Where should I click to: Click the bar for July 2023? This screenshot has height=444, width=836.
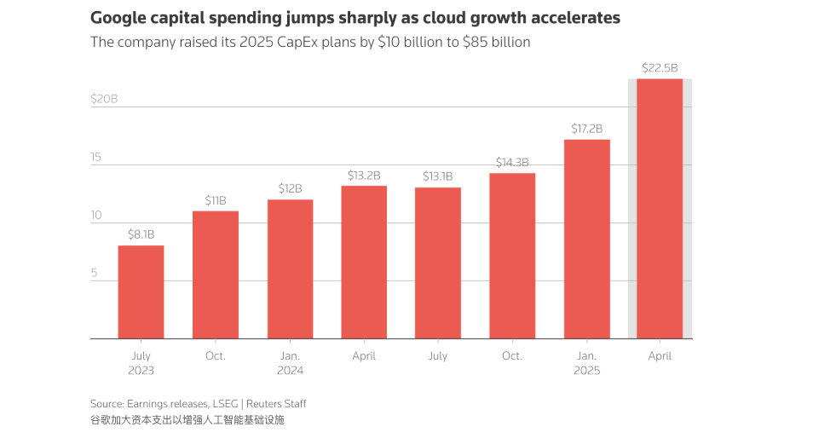click(x=141, y=291)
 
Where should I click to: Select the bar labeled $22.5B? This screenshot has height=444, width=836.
click(x=660, y=209)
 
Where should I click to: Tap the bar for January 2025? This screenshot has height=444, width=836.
click(x=586, y=239)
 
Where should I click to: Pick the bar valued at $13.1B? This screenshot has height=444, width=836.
click(x=438, y=262)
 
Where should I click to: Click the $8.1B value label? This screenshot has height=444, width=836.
click(x=141, y=234)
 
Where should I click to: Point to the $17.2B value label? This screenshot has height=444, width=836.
click(x=586, y=129)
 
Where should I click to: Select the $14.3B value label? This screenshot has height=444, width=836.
click(x=512, y=162)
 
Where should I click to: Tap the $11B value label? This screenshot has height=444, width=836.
click(x=216, y=200)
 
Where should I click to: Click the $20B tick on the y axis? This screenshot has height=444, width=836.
click(x=104, y=99)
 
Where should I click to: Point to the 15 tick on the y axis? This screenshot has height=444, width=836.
click(x=96, y=157)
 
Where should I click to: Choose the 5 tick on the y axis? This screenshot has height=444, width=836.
click(x=95, y=274)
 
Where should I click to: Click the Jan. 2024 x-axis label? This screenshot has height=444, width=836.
click(x=290, y=363)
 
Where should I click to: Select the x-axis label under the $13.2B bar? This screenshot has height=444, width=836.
click(x=364, y=356)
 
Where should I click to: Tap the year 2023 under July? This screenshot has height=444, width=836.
click(x=141, y=371)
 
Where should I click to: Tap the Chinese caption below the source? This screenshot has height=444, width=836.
click(x=187, y=420)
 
